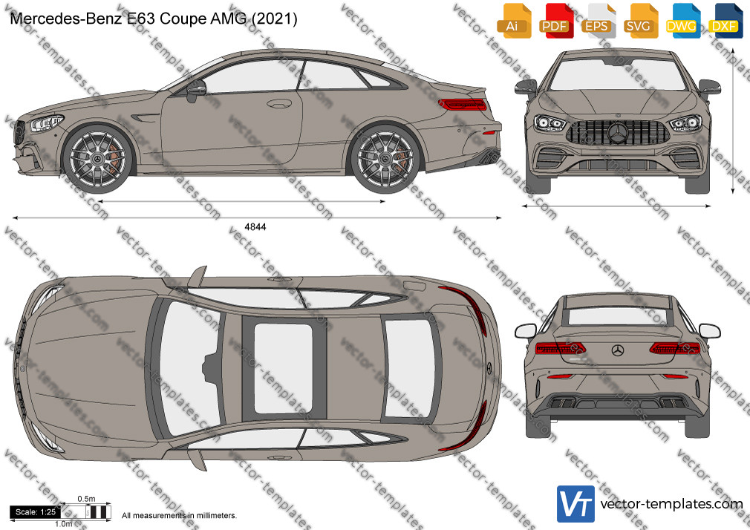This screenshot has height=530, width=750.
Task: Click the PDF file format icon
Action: tap(555, 21)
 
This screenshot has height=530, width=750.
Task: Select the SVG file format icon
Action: tap(639, 21)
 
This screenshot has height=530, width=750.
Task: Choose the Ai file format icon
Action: tap(512, 21)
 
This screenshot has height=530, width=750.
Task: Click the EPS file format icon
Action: tap(596, 21)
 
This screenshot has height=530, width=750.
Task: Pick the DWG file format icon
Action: tap(681, 21)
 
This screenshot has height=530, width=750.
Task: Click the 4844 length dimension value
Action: tap(255, 227)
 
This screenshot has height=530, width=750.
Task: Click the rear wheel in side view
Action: tap(385, 158)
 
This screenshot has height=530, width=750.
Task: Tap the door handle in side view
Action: tap(279, 103)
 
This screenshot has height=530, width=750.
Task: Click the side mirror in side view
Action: tap(195, 90)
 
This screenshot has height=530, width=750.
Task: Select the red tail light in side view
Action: tap(462, 104)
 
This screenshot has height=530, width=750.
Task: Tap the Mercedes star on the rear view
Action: tap(618, 350)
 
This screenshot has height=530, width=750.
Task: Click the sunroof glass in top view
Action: tap(283, 368)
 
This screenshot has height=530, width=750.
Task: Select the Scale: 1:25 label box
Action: tap(36, 512)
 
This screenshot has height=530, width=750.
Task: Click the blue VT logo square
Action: tap(575, 504)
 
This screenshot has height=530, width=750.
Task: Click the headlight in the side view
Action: tap(46, 123)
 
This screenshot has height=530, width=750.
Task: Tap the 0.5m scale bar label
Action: tap(87, 499)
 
